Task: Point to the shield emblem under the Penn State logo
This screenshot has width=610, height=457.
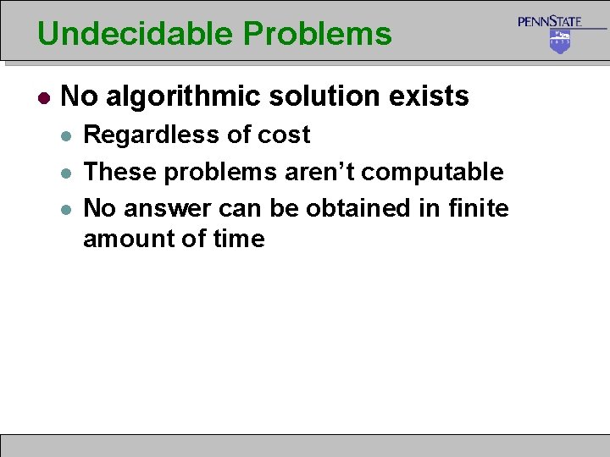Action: tap(560, 41)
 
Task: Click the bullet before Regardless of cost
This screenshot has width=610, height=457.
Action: tap(68, 135)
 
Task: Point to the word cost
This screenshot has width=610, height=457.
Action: tap(283, 135)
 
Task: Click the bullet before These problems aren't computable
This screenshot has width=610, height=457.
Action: tap(68, 173)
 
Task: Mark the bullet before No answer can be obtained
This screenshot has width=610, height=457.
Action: tap(68, 208)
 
